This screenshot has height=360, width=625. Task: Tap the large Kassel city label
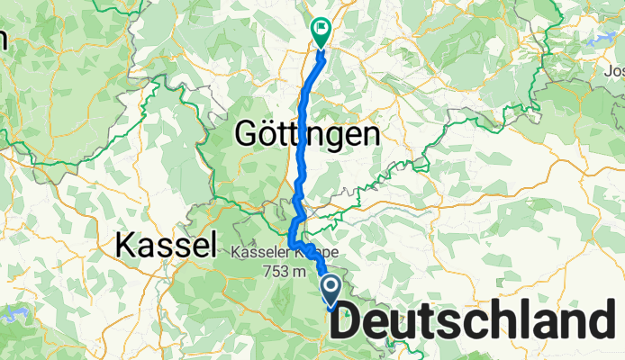(168, 244)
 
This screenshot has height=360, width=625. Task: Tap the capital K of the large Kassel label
(128, 244)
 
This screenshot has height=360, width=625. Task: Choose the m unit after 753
(287, 273)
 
